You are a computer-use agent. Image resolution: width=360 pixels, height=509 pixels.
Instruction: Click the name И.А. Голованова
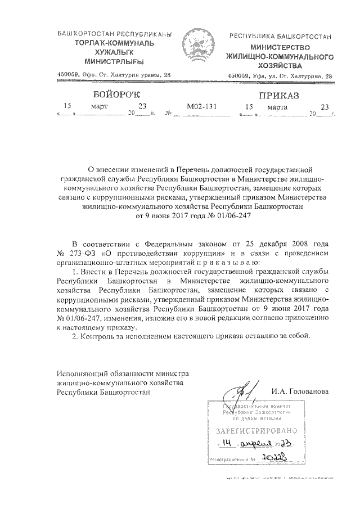[298, 391]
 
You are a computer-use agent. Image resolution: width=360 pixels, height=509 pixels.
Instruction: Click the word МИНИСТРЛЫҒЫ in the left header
[112, 60]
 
